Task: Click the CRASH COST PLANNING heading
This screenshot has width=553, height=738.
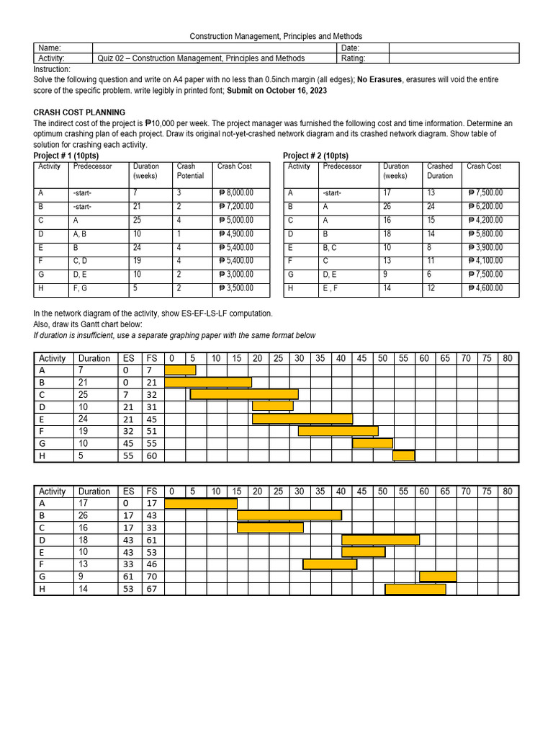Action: [x=79, y=112]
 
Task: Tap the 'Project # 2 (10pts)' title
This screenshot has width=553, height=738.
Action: [x=315, y=156]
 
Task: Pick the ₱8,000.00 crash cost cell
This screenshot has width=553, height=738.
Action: [x=235, y=193]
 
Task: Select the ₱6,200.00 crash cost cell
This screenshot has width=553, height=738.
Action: [x=485, y=206]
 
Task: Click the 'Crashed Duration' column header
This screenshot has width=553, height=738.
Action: [x=440, y=171]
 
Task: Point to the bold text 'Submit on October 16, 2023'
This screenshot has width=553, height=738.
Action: [x=276, y=90]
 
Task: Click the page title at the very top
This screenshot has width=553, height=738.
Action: [x=276, y=36]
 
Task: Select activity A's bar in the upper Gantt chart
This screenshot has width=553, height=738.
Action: [x=180, y=370]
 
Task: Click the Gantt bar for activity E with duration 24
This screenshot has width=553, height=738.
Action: [x=302, y=419]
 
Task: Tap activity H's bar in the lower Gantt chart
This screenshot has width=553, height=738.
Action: [x=415, y=589]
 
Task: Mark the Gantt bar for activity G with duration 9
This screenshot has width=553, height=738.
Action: [x=438, y=576]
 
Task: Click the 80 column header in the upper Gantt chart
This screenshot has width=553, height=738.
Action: [x=508, y=358]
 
